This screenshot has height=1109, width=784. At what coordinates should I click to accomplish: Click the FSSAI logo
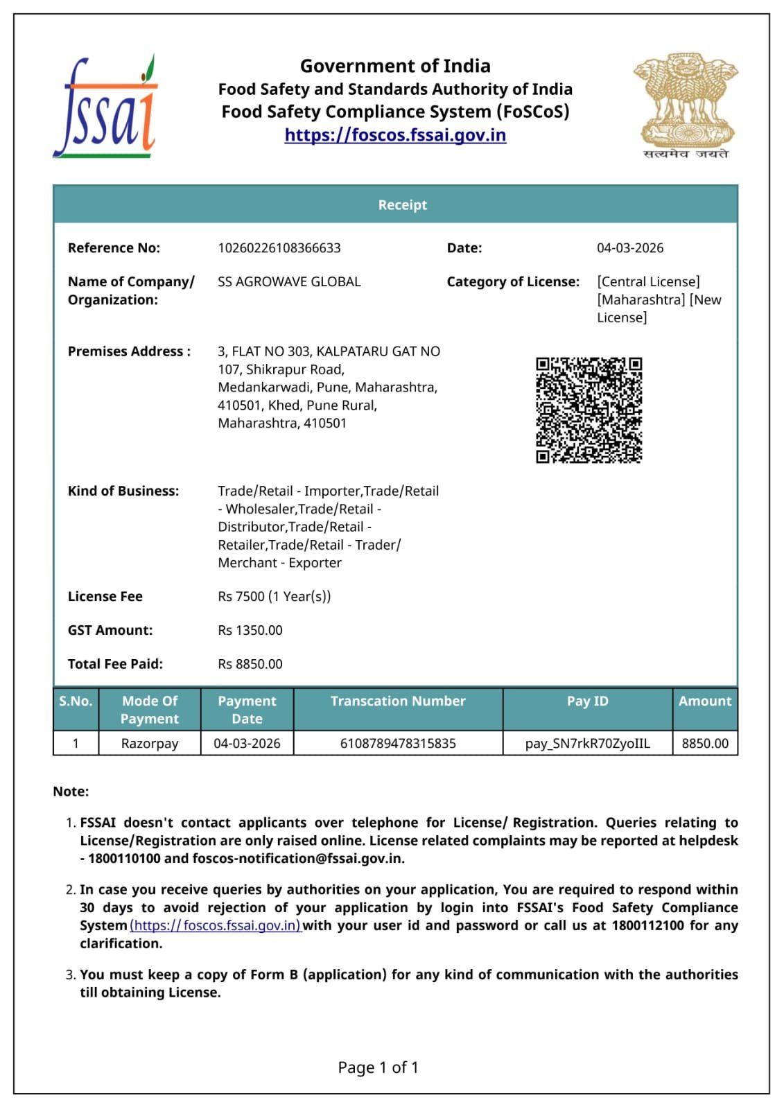(x=105, y=107)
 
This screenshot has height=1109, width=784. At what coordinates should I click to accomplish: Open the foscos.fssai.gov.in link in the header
(x=395, y=134)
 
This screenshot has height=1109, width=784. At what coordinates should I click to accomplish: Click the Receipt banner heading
(x=402, y=204)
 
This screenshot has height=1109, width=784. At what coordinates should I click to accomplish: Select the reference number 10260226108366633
(x=279, y=248)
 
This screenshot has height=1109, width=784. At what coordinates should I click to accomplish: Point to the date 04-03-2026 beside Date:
(x=629, y=248)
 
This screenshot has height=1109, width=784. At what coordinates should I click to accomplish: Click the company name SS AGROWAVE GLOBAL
(x=289, y=282)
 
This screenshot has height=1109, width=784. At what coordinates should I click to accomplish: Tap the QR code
(x=589, y=410)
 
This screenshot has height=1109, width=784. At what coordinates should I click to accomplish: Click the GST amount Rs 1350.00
(x=250, y=631)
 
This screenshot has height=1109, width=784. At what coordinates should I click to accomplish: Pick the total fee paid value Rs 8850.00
(x=250, y=664)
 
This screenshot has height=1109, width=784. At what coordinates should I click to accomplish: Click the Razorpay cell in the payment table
(x=150, y=744)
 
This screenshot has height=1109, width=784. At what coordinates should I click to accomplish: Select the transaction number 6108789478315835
(x=398, y=744)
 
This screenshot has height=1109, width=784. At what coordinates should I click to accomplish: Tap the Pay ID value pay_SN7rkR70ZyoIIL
(x=587, y=744)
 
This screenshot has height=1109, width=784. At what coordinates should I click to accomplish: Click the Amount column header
(x=704, y=701)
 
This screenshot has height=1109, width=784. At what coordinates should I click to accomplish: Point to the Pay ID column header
(x=587, y=701)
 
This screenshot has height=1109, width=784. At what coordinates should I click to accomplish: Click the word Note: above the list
(x=71, y=792)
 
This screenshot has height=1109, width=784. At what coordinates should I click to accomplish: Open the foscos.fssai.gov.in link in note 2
(x=215, y=926)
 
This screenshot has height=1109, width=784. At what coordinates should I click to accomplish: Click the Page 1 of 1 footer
(x=378, y=1067)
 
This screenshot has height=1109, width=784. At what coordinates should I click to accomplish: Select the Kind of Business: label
(x=123, y=491)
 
